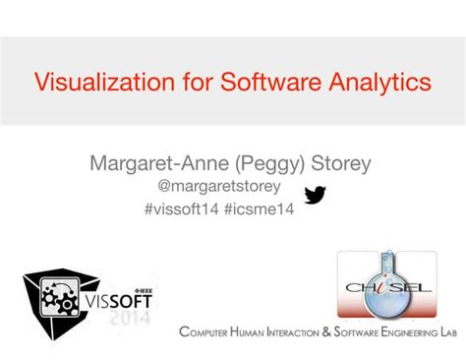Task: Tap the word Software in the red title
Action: [248, 82]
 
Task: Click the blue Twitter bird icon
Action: [316, 195]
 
